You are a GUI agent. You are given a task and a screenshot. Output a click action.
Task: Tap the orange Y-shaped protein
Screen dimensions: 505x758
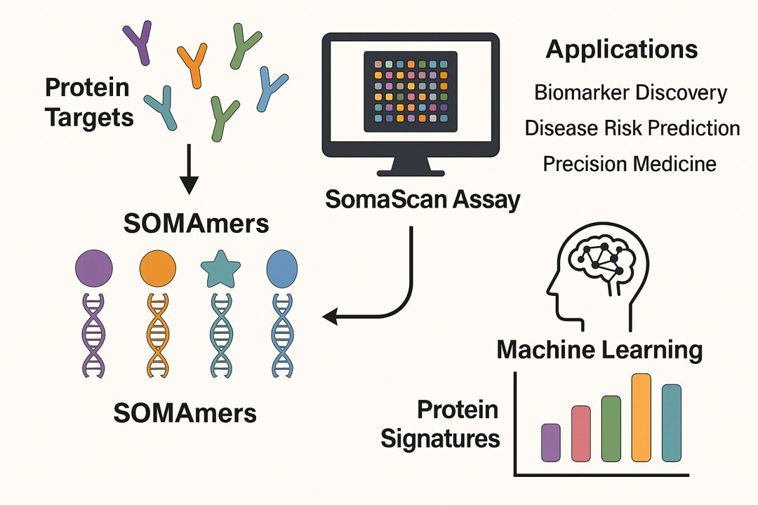[192, 64]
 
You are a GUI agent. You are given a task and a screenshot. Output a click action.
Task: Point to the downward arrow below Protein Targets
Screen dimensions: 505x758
[187, 173]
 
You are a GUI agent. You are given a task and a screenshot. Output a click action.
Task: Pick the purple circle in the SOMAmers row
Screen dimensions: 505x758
[93, 267]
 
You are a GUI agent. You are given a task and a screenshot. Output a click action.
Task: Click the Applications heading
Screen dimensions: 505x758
[622, 50]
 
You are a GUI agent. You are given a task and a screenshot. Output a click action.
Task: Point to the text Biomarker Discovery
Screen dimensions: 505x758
[630, 93]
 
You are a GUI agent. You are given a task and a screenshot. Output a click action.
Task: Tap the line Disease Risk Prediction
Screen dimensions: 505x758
[632, 128]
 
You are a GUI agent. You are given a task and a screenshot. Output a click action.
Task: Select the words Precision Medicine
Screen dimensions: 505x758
[630, 164]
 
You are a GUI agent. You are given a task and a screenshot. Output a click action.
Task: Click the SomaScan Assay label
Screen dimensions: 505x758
[423, 201]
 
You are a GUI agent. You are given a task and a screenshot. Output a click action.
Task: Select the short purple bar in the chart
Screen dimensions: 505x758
[551, 441]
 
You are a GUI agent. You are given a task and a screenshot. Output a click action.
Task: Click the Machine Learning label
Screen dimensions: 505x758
[599, 349]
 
